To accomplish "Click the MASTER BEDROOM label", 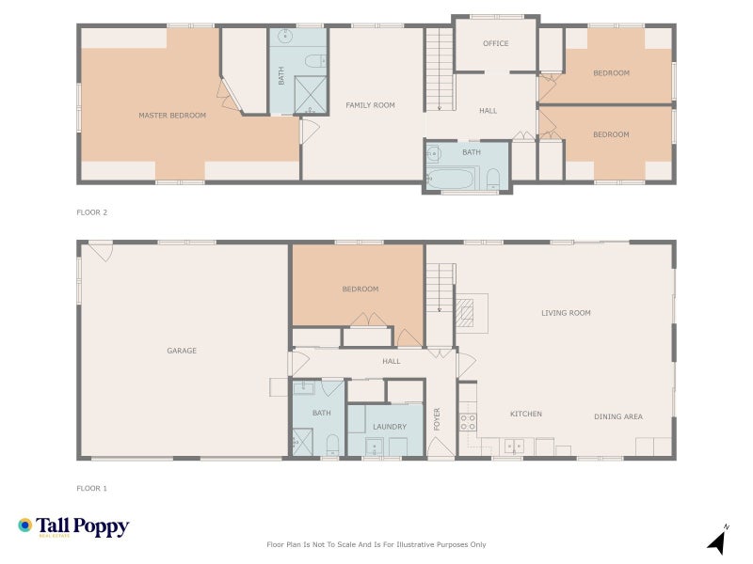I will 171,116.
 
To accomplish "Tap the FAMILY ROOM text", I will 370,105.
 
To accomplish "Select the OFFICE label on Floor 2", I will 495,43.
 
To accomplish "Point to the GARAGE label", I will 182,351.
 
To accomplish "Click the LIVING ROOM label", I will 566,313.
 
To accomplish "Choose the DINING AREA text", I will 618,415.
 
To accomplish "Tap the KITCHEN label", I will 526,414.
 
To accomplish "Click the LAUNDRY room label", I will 389,427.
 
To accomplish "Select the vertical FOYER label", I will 438,419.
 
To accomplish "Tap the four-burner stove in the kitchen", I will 467,422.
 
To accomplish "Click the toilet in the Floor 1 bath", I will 331,444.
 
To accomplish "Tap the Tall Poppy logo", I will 73,527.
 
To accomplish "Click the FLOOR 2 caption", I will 92,212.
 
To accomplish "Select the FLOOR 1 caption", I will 92,488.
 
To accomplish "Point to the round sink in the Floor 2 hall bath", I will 435,154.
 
